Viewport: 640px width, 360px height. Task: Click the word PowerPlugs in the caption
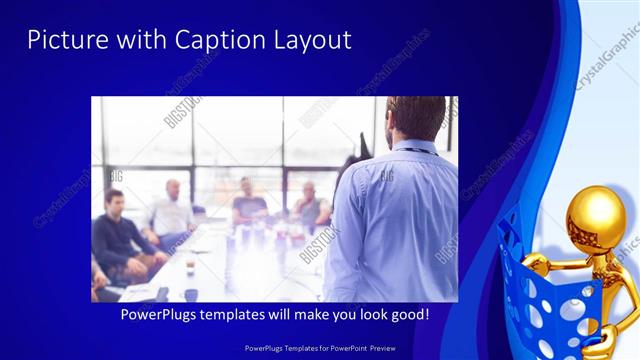click(159, 314)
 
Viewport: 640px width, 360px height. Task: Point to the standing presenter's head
click(414, 118)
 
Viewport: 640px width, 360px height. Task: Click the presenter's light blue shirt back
click(390, 220)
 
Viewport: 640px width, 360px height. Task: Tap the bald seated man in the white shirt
click(172, 212)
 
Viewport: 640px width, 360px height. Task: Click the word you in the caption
click(336, 314)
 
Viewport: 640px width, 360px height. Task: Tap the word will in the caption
click(280, 314)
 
